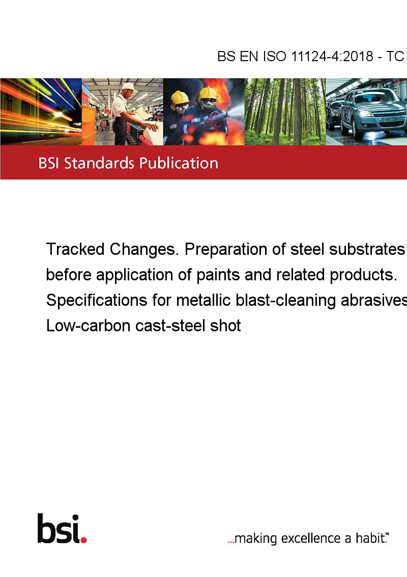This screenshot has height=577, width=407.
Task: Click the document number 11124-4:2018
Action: click(x=332, y=56)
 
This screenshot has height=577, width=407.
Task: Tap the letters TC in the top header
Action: click(x=395, y=56)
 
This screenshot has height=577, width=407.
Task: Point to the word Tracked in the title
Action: click(x=75, y=249)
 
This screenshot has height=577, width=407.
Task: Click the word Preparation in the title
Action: click(x=226, y=250)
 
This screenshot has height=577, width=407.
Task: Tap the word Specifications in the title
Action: click(x=97, y=301)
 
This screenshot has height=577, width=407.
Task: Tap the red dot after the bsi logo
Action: click(x=83, y=540)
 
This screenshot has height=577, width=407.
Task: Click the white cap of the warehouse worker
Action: click(x=129, y=87)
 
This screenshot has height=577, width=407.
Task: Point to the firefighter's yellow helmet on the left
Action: click(x=180, y=98)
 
